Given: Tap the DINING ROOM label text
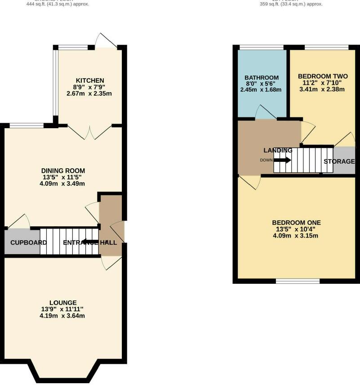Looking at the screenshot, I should [x=63, y=170].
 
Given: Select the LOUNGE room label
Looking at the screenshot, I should [x=62, y=303].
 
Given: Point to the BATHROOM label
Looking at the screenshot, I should [x=261, y=77].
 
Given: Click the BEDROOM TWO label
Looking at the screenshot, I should [x=323, y=76].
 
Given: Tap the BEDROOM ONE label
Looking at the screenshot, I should [x=296, y=222].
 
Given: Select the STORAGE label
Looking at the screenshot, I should [x=339, y=161].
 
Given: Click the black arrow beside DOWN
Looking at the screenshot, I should [x=282, y=160].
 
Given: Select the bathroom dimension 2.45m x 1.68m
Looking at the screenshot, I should [x=261, y=90].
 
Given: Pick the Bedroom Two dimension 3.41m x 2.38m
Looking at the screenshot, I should [x=322, y=89].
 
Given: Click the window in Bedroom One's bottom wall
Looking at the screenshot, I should [x=298, y=281].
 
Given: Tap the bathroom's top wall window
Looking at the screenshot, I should [x=261, y=47].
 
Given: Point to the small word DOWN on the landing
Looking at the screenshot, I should [x=266, y=160].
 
